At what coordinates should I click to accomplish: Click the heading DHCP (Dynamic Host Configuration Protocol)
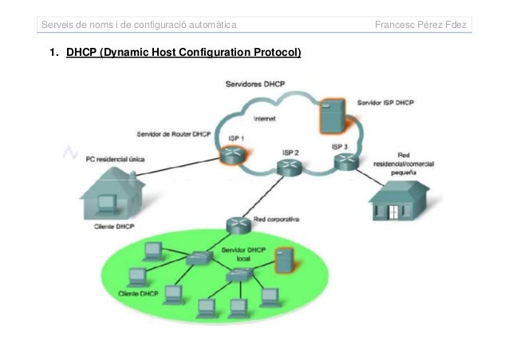point(183,54)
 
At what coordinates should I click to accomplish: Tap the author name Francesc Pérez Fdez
point(422,26)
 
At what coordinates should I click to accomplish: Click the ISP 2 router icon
point(288,166)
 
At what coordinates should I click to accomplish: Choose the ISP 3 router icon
point(345,162)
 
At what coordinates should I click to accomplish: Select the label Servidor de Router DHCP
point(173,134)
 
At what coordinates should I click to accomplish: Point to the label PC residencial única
point(115,159)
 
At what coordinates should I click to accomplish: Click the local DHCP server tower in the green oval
point(281,261)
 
